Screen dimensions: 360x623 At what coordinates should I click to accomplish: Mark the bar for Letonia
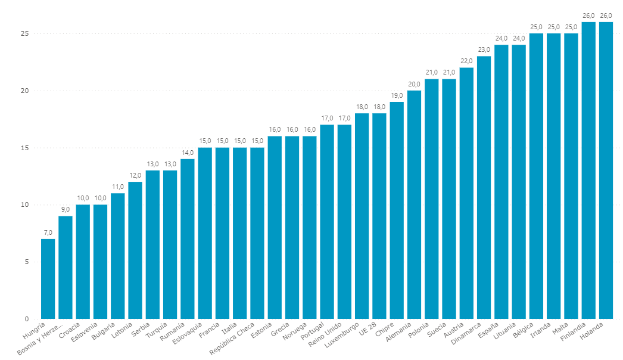point(135,250)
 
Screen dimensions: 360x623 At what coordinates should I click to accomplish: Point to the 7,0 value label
point(48,232)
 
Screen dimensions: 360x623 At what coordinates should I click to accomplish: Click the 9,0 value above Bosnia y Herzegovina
point(66,209)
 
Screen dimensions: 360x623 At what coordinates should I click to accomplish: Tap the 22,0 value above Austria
point(466,61)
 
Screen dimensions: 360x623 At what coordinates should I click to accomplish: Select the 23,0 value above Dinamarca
point(484,49)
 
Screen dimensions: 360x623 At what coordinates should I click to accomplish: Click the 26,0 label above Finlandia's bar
point(588,15)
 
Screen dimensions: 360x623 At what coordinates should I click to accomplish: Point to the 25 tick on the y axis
point(24,33)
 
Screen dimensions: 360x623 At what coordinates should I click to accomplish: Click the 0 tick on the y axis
point(27,318)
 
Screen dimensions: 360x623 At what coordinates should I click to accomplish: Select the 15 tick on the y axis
point(24,148)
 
